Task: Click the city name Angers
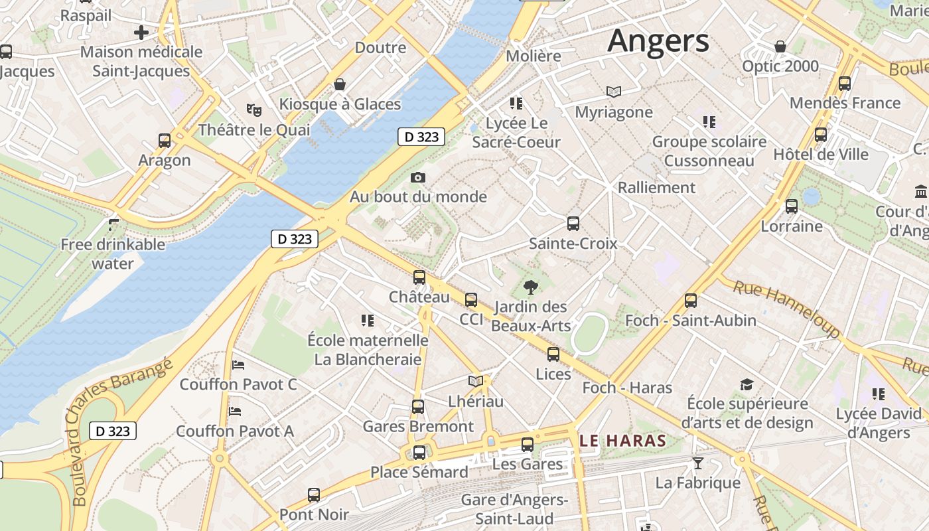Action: (658, 41)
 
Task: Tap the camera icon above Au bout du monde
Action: (418, 177)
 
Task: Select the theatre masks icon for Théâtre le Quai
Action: (253, 110)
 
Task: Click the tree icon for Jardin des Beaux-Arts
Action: (530, 287)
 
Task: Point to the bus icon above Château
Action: (419, 277)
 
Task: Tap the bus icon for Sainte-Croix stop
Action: (573, 224)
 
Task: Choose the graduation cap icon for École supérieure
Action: (747, 384)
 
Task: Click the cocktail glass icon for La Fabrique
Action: (697, 463)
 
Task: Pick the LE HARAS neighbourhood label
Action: (622, 441)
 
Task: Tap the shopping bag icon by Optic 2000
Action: (780, 46)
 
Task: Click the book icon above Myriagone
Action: (614, 92)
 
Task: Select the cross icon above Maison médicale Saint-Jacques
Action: (141, 32)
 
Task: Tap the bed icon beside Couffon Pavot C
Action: (238, 365)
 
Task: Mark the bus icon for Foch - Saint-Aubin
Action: (691, 301)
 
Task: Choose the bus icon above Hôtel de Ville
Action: (821, 135)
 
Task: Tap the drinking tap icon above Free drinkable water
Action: (113, 225)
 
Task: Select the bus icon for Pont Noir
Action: (314, 495)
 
